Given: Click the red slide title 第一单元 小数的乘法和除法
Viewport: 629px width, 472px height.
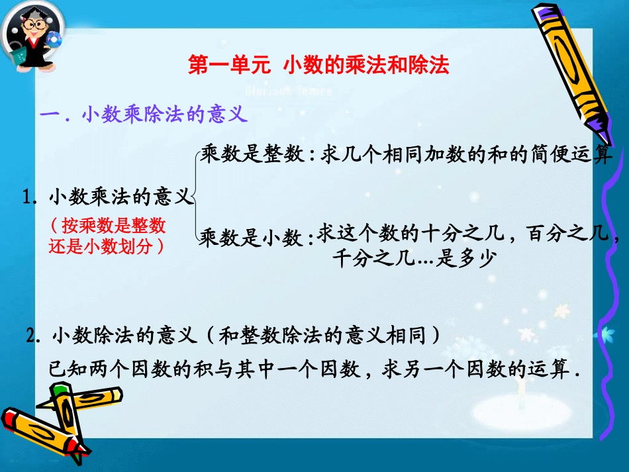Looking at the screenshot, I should tap(318, 65).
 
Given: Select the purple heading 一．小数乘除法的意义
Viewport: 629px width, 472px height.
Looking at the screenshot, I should tap(144, 115).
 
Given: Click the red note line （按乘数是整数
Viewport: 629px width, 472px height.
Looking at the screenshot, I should tap(107, 226).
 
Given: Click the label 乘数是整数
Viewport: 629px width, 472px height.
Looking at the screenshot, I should tap(251, 155).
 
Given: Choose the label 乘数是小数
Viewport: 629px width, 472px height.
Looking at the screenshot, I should tap(251, 237).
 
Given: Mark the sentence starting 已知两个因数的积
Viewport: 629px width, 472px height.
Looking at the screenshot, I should tap(315, 369).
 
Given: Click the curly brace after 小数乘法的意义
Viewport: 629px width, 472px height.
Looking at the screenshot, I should tap(197, 196).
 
